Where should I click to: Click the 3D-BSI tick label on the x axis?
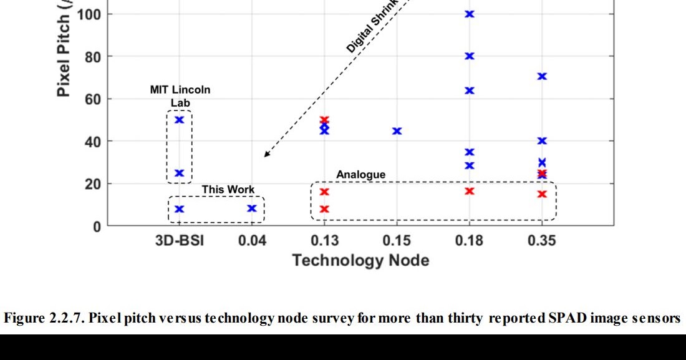[179, 240]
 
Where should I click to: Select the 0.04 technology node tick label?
[252, 240]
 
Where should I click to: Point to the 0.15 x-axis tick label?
[397, 240]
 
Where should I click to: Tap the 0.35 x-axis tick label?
[541, 240]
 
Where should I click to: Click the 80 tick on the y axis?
[92, 56]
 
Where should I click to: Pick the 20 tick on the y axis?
[92, 183]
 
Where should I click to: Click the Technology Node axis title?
[360, 260]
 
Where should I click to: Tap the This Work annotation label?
[228, 190]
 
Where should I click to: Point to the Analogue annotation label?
[361, 175]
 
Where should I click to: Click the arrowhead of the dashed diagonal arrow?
[266, 155]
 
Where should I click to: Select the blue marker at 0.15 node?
[397, 131]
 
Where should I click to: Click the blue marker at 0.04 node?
[252, 208]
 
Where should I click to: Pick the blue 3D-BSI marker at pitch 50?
[180, 119]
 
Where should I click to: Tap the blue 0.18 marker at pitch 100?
[470, 14]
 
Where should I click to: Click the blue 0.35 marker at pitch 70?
[542, 76]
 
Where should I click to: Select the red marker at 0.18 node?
[470, 191]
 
